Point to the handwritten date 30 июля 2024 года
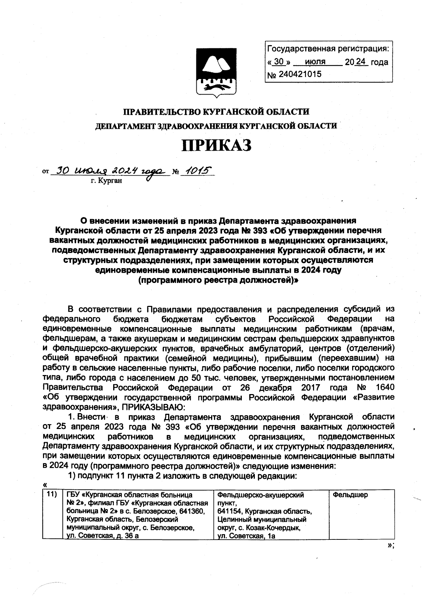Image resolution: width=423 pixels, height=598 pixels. pos(109,171)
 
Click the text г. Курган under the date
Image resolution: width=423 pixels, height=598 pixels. pos(106,181)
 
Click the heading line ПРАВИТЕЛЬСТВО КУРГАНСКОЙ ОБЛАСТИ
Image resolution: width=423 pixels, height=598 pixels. pos(216,112)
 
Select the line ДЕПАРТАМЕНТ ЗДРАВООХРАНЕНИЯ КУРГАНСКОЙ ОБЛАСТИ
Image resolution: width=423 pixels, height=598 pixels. pos(216,126)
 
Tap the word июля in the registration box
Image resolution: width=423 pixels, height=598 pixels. pos(315,62)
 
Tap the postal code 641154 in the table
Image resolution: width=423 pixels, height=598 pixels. pos(229,512)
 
